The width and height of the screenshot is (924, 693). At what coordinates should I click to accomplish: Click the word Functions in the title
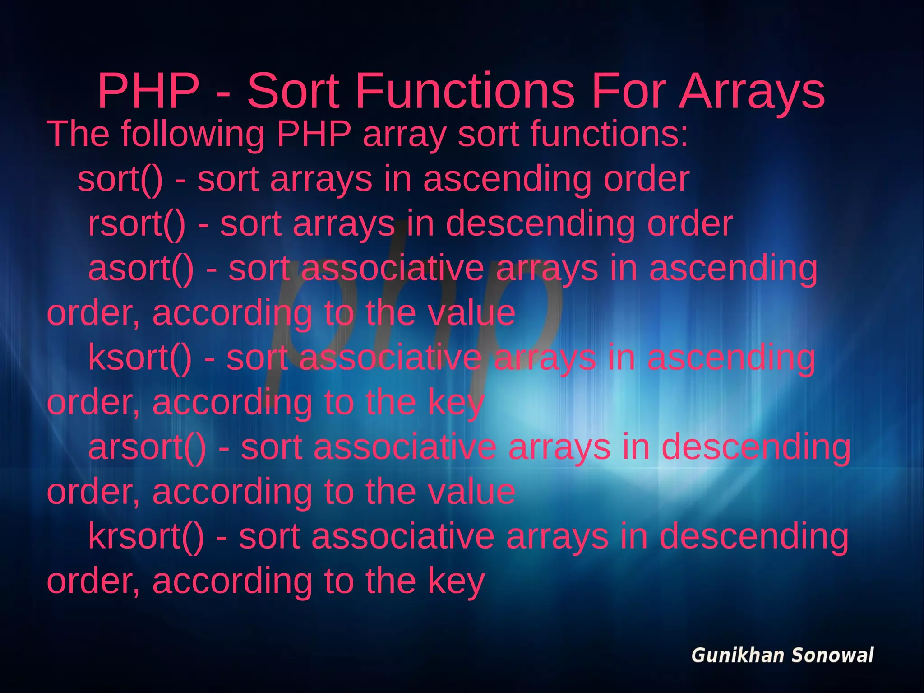point(465,91)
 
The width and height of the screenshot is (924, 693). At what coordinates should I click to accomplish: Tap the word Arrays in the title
point(752,91)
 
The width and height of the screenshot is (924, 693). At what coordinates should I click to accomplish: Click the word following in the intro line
point(193,134)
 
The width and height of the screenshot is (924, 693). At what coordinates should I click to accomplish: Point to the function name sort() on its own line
point(120,179)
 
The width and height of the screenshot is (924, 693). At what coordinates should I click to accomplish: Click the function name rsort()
point(137,224)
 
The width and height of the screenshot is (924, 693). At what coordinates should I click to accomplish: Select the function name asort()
point(141,268)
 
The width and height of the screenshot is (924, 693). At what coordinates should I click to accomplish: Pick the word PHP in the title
point(148,91)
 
